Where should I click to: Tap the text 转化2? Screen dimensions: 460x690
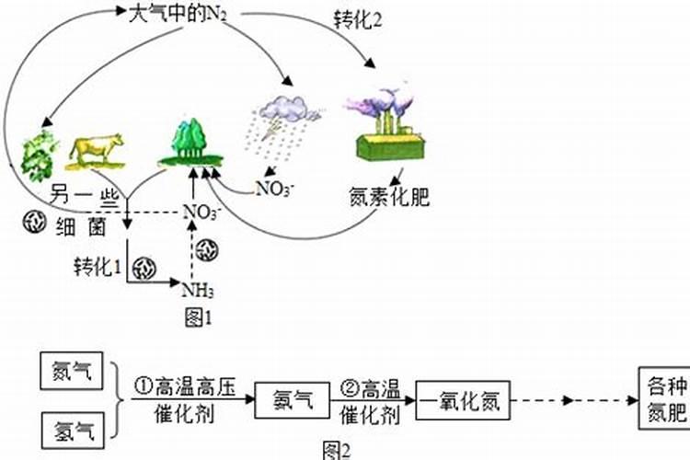click(357, 19)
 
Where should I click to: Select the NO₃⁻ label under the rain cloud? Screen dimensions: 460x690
click(275, 189)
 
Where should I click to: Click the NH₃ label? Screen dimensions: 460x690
click(198, 292)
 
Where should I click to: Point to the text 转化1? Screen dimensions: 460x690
click(98, 268)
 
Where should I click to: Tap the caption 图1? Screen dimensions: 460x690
click(198, 317)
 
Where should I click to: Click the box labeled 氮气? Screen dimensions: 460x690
click(75, 372)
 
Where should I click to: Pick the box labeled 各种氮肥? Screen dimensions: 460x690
click(662, 398)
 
